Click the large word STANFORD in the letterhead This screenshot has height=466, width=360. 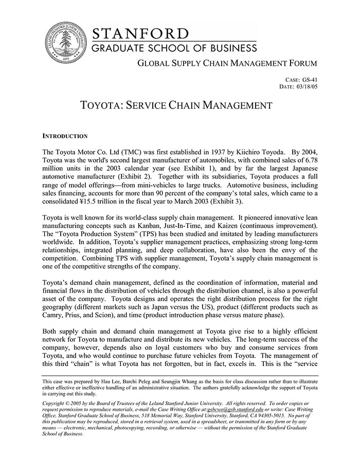[x=140, y=34]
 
